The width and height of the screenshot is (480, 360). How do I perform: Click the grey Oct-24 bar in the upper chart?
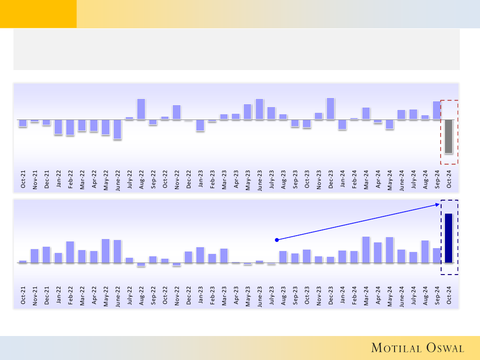(448, 136)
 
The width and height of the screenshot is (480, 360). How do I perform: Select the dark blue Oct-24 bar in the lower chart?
(448, 238)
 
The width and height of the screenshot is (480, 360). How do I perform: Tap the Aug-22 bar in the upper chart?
(141, 109)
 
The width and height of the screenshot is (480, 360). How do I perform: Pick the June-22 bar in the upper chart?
(118, 129)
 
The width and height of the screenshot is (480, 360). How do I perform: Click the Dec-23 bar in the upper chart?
(330, 108)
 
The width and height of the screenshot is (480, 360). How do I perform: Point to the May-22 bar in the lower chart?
(106, 251)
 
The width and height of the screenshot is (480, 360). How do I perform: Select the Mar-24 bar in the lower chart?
(366, 250)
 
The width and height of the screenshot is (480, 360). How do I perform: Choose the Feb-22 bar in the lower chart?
(70, 252)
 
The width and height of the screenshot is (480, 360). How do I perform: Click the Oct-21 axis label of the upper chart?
(23, 179)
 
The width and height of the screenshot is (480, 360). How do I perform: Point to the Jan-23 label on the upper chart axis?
(200, 179)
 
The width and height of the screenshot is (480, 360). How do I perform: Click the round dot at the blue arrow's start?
(276, 240)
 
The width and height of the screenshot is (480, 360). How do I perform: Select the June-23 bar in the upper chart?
(259, 109)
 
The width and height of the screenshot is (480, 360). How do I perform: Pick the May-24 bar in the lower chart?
(389, 250)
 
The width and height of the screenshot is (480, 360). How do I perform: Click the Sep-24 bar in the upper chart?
(437, 110)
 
